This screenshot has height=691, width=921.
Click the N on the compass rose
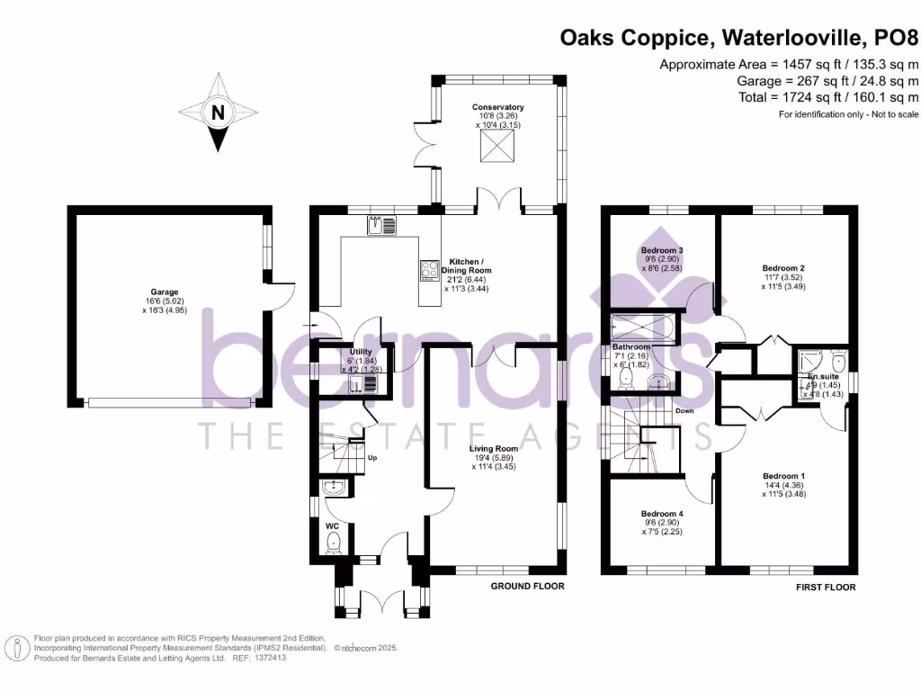point(216,112)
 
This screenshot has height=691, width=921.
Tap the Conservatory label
point(497,108)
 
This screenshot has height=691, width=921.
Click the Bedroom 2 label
point(782,268)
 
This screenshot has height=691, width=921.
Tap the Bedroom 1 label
point(783,476)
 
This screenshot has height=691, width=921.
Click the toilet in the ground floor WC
point(334,541)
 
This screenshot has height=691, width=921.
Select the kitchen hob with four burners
point(428,270)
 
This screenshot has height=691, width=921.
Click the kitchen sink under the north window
point(382,226)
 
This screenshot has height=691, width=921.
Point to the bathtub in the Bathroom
point(644,327)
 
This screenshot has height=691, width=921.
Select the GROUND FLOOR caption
point(526,587)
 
